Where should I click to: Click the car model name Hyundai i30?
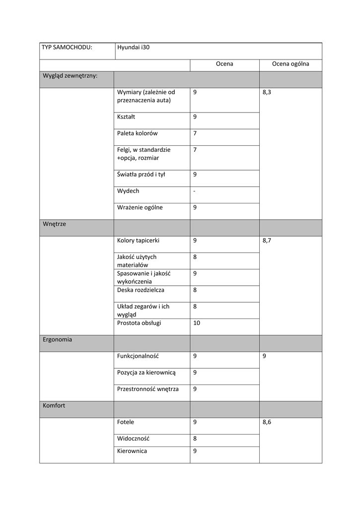133,48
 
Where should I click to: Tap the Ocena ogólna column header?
290,64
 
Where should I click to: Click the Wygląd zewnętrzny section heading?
70,76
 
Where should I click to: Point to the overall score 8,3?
267,92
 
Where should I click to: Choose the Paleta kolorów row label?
137,133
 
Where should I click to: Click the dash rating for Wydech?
194,191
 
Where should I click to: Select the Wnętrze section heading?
54,224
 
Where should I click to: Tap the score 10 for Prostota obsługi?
197,323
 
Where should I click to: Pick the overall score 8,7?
267,241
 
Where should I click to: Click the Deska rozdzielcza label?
141,290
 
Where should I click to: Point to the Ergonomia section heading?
57,340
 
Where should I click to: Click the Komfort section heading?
54,405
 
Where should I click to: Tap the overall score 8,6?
267,422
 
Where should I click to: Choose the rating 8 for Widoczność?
195,439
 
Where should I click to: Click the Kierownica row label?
132,451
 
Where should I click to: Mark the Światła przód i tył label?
141,174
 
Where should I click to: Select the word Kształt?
126,117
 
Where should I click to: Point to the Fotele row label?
126,422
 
